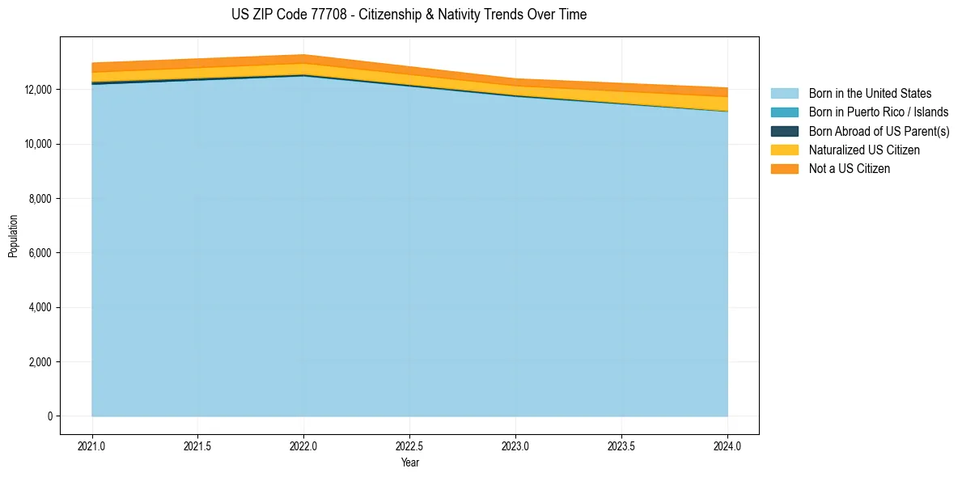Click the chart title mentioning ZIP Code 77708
(409, 15)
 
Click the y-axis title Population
(13, 236)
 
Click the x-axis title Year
(409, 462)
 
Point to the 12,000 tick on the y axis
(39, 89)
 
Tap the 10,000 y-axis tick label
(39, 144)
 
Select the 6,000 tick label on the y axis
(41, 253)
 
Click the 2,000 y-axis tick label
(41, 361)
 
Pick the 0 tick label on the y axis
(50, 416)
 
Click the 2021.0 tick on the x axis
(92, 445)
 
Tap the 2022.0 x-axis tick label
(303, 445)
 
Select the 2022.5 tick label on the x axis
(409, 445)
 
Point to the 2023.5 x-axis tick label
(621, 445)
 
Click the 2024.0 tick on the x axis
(727, 445)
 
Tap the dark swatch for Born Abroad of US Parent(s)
(784, 131)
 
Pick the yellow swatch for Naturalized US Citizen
(784, 150)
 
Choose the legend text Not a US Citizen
(849, 169)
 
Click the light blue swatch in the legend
(784, 94)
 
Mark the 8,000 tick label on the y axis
(41, 198)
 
